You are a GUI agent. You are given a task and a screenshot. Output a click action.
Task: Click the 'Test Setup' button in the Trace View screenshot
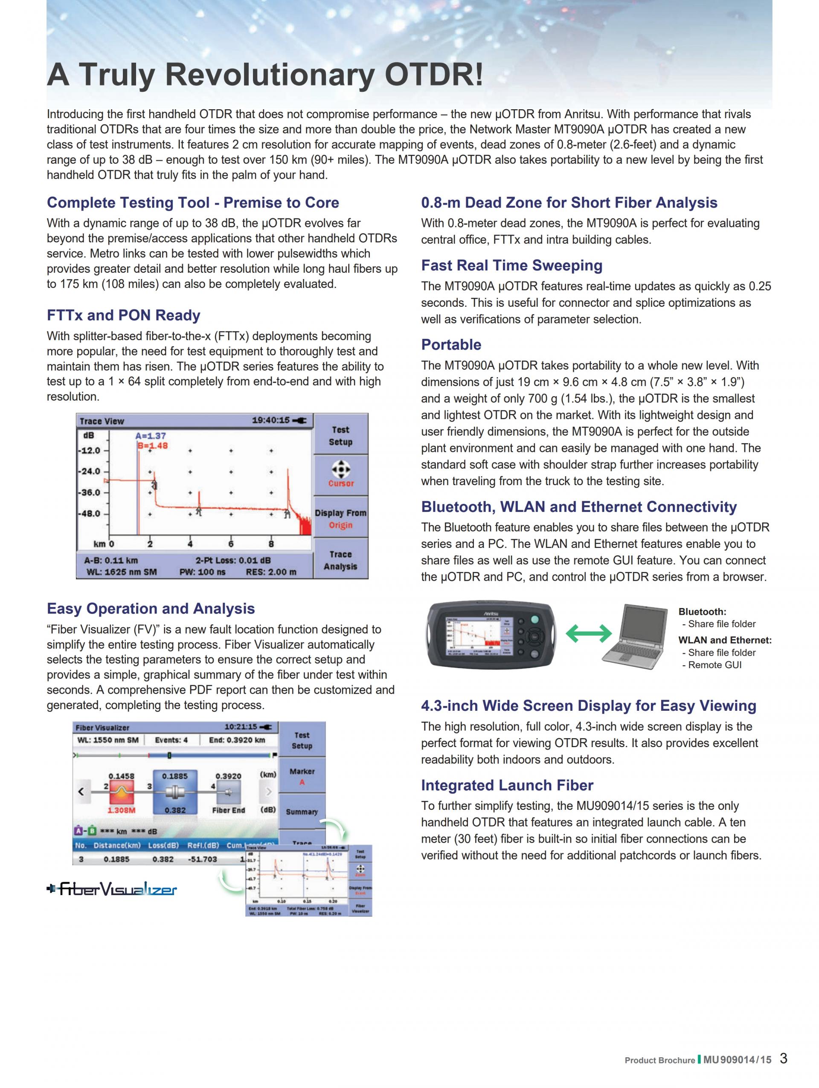click(340, 435)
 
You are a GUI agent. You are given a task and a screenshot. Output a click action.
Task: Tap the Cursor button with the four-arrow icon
click(340, 474)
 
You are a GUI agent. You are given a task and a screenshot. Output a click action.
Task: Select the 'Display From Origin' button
click(340, 518)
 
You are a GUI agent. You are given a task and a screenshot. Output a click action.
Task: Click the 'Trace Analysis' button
click(340, 560)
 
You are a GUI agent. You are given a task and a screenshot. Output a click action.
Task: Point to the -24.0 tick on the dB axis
click(90, 471)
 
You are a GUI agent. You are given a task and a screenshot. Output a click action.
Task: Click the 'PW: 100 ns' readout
click(202, 572)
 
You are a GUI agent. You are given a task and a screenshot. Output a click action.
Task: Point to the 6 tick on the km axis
click(231, 544)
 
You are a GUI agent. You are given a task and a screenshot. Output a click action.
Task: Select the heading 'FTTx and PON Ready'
click(123, 315)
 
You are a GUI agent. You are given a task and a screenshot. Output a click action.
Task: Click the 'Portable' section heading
click(451, 344)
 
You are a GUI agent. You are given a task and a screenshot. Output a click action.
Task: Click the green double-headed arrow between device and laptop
click(588, 634)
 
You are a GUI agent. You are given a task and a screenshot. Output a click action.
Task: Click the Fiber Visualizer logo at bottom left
click(112, 889)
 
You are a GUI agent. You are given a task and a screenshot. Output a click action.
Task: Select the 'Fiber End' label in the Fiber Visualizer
click(228, 810)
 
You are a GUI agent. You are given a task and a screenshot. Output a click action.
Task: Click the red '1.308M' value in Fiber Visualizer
click(122, 810)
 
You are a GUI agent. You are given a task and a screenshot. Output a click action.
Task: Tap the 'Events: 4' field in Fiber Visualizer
click(171, 740)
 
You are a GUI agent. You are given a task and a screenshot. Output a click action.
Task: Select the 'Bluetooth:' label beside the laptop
click(702, 612)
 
